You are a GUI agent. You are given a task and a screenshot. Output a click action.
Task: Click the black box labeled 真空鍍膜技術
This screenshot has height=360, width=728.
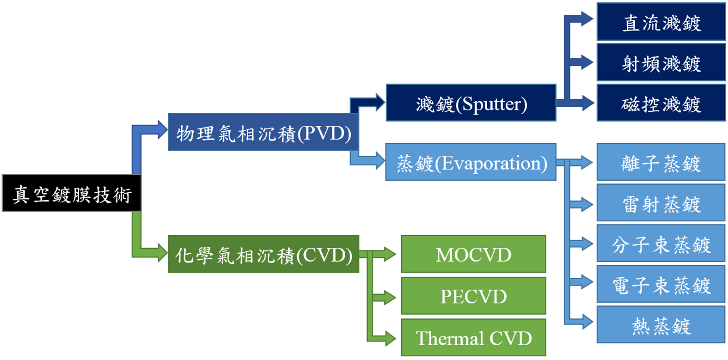tap(72, 193)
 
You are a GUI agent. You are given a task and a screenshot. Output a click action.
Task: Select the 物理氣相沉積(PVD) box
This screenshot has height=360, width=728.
tap(263, 133)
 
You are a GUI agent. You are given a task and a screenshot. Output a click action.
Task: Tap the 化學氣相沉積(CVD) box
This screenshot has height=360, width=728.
tap(263, 254)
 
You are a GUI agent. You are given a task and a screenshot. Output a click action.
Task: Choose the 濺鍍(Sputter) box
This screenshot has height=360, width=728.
tap(471, 103)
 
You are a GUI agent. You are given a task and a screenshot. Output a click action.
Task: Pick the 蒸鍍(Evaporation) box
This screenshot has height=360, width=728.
tap(471, 162)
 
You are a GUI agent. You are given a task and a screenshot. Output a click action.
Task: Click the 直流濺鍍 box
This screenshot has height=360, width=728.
tap(661, 22)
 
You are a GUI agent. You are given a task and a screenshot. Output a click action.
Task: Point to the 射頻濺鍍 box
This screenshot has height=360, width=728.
tap(661, 62)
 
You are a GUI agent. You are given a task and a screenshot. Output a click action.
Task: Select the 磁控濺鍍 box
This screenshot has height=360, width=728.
tap(661, 103)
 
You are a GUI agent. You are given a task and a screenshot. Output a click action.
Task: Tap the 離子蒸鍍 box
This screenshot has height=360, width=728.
tap(661, 162)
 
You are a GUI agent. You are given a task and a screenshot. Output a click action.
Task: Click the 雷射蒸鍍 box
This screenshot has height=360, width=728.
tap(661, 203)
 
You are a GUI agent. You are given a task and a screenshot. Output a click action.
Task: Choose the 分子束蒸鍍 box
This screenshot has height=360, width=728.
tap(661, 244)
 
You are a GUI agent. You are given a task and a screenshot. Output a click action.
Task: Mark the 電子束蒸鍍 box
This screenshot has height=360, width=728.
tap(661, 284)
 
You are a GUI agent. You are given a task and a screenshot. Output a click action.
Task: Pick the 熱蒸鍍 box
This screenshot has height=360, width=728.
tap(661, 325)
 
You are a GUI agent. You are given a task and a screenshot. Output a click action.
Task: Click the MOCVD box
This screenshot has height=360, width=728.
tap(473, 254)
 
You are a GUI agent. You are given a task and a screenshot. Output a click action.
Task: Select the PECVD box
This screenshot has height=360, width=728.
tap(473, 296)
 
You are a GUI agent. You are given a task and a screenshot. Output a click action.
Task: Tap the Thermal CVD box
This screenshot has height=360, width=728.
tap(473, 337)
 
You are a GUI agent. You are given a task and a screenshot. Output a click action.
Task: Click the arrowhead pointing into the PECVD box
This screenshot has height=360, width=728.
tap(390, 297)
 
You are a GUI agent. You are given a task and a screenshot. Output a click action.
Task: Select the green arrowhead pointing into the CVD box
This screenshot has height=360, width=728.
tap(161, 253)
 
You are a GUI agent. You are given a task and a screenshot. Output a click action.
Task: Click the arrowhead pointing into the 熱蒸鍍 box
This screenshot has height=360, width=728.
tap(587, 322)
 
